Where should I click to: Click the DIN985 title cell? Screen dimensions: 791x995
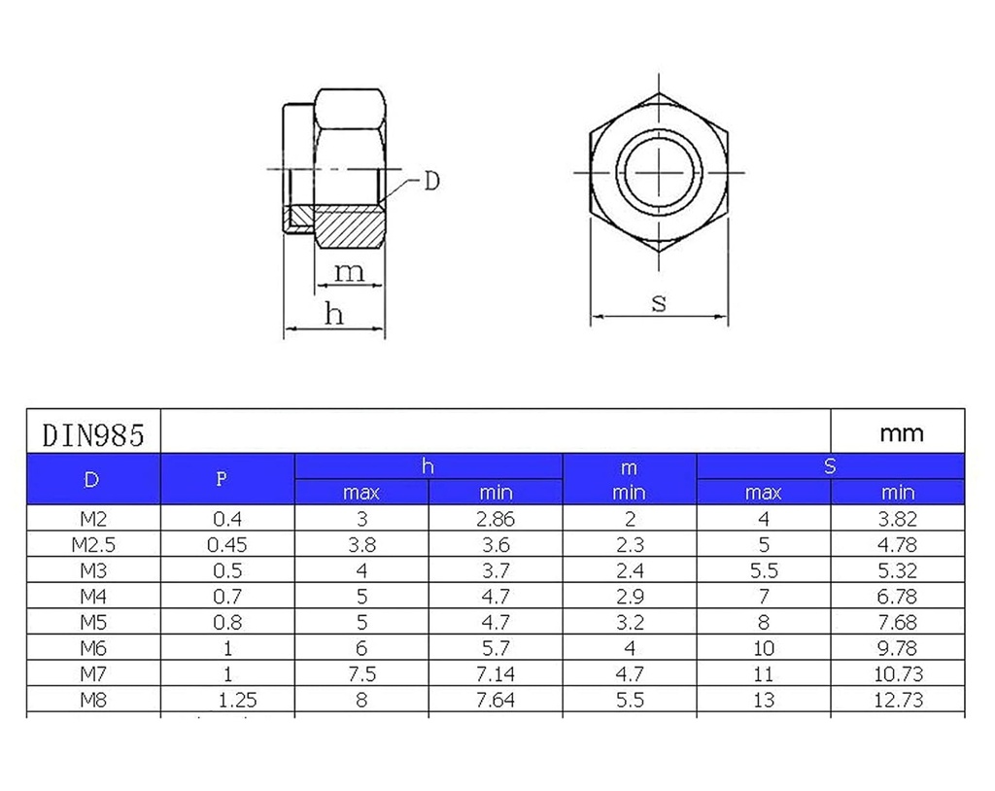[x=93, y=433]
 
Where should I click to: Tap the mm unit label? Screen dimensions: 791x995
[x=900, y=433]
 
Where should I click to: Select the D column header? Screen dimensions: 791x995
[x=91, y=479]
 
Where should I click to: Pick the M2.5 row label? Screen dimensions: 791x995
[x=93, y=545]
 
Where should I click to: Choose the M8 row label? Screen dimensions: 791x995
[x=93, y=700]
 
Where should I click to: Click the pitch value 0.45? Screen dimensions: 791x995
[x=227, y=545]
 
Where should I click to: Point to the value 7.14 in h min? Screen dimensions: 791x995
[x=496, y=673]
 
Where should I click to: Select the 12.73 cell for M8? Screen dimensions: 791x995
[x=899, y=700]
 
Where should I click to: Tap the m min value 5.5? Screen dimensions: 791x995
[x=630, y=700]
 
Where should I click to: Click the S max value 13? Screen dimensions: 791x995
[x=764, y=700]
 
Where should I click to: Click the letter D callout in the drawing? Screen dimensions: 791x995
[x=431, y=181]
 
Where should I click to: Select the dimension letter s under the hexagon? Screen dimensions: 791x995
[x=659, y=302]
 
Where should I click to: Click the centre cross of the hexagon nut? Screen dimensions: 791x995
[x=661, y=172]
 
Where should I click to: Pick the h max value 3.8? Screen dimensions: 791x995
[x=361, y=545]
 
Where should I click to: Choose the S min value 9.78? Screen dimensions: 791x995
[x=899, y=648]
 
